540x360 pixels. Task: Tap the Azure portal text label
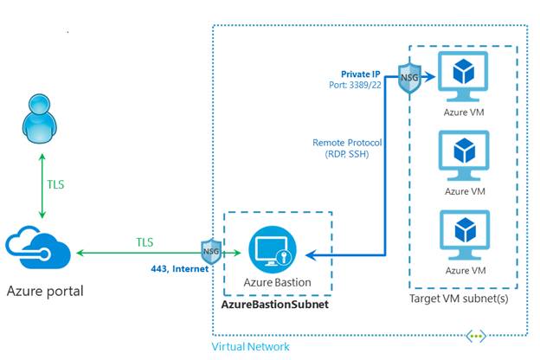coord(44,291)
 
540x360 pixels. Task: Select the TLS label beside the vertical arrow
coord(56,183)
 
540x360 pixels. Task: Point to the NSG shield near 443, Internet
coord(209,252)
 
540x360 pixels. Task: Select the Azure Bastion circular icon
coord(269,251)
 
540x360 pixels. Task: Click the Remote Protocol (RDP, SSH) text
coord(347,148)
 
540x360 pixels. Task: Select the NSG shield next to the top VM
coord(409,78)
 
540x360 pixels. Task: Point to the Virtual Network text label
coord(251,346)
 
